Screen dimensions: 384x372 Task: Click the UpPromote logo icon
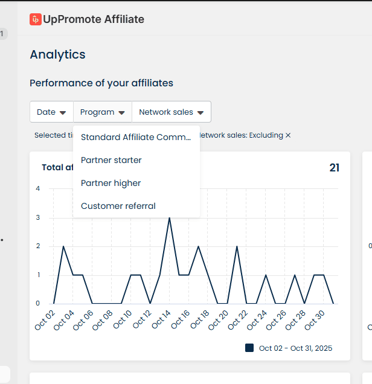(x=36, y=19)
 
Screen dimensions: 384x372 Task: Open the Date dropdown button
(x=51, y=112)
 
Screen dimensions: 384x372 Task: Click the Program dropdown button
(x=103, y=112)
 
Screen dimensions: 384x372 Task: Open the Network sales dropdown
(x=172, y=112)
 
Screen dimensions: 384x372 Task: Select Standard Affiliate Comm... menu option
(x=136, y=137)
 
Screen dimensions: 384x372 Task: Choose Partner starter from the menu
(x=111, y=160)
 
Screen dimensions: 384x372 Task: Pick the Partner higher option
(x=111, y=183)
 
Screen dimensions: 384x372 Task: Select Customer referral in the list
(x=118, y=206)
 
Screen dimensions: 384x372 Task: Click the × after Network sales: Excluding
(x=288, y=135)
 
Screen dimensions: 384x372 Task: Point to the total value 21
(x=334, y=168)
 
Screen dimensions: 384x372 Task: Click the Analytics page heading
(x=57, y=54)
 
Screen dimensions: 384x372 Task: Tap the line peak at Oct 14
(x=170, y=217)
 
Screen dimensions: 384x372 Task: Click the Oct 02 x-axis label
(x=45, y=319)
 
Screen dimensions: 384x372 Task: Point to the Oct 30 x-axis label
(x=315, y=319)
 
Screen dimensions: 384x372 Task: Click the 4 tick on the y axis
(x=38, y=188)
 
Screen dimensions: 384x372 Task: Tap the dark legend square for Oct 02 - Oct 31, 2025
(x=249, y=348)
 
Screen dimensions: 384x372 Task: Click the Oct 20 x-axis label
(x=219, y=319)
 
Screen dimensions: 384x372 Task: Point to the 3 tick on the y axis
(x=38, y=217)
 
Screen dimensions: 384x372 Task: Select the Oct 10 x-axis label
(x=123, y=319)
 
